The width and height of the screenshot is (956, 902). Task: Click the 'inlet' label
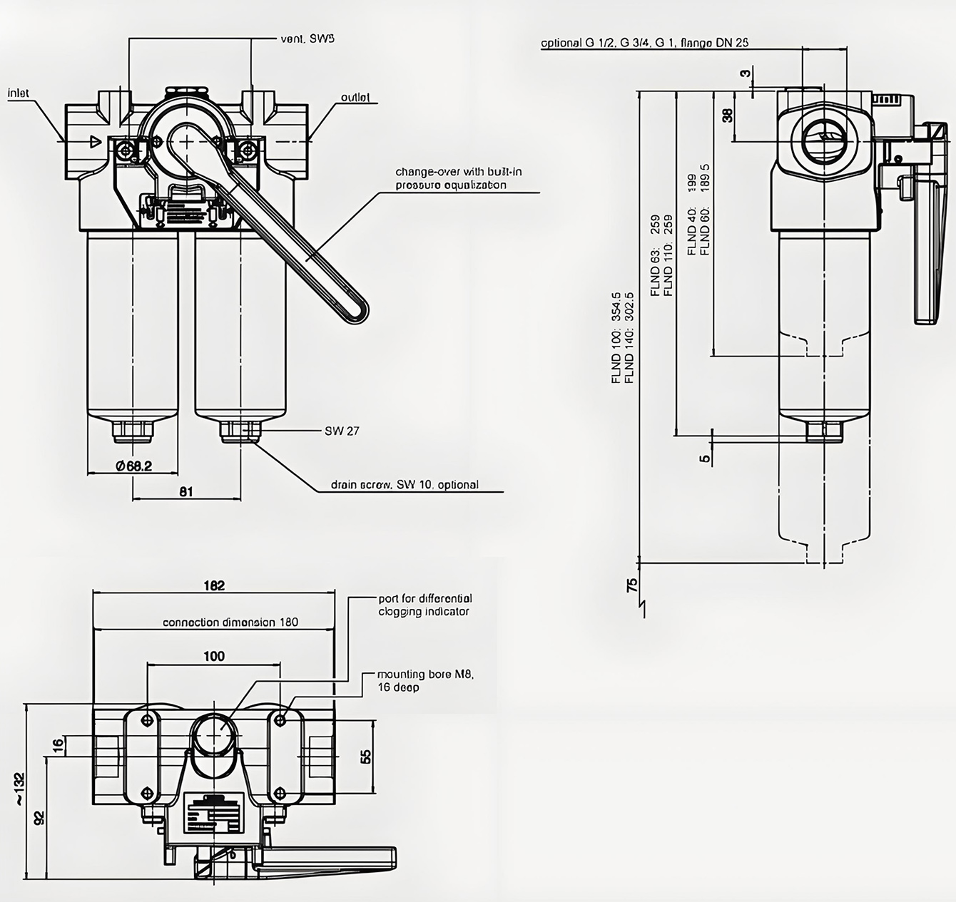19,93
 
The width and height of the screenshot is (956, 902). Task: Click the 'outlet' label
355,97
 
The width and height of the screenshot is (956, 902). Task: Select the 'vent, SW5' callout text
307,39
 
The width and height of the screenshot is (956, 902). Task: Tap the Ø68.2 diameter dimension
133,466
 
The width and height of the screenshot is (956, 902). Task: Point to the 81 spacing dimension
186,491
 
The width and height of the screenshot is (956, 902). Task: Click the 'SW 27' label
342,431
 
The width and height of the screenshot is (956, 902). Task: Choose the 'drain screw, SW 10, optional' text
405,485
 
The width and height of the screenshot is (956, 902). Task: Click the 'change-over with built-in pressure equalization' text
452,178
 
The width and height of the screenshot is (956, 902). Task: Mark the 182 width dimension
214,585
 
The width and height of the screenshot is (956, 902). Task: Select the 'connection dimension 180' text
230,622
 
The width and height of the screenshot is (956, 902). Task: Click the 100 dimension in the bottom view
214,656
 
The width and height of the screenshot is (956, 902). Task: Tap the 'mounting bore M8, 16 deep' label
425,680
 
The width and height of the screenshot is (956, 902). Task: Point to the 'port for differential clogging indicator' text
425,605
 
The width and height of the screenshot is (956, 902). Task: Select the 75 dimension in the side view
632,586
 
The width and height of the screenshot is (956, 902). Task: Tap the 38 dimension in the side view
727,115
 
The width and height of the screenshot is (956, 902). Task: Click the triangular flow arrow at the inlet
93,141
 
